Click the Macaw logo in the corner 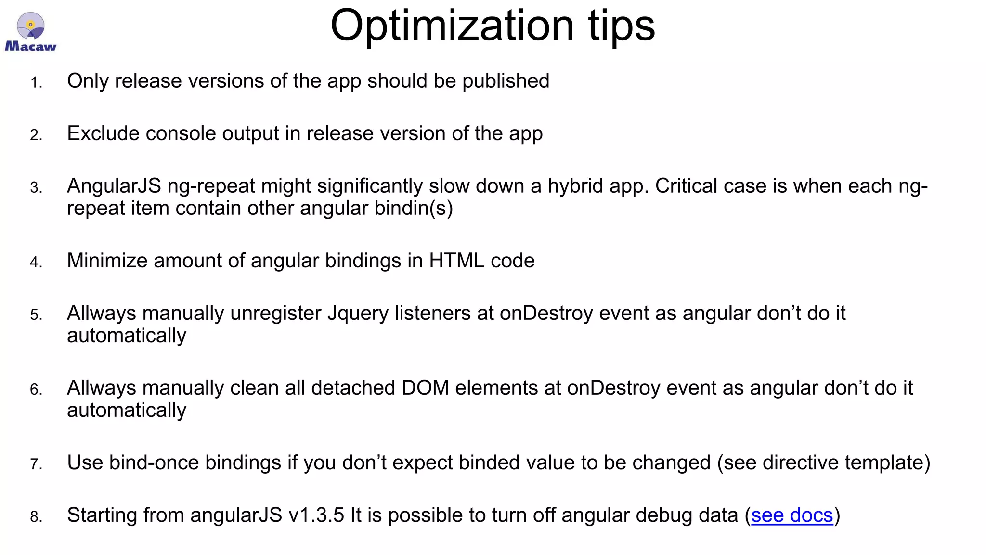click(30, 32)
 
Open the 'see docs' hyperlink click(792, 515)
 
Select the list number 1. click(36, 83)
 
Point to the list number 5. click(36, 315)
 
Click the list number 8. click(36, 517)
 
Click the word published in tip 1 click(506, 81)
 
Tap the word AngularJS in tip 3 click(114, 186)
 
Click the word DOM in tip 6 click(425, 388)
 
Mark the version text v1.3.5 click(316, 515)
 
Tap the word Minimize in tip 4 click(107, 261)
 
